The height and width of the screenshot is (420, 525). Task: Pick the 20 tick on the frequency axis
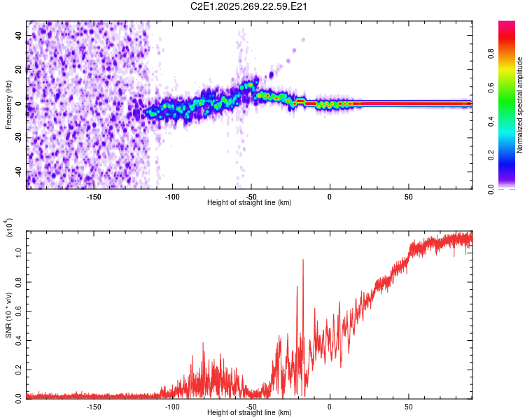[20, 69]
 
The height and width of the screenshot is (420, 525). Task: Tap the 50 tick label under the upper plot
[408, 197]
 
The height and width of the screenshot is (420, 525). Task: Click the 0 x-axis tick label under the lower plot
[330, 406]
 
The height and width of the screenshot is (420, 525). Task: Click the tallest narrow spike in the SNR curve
[303, 260]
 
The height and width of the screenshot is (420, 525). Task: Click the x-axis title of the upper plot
[249, 203]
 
